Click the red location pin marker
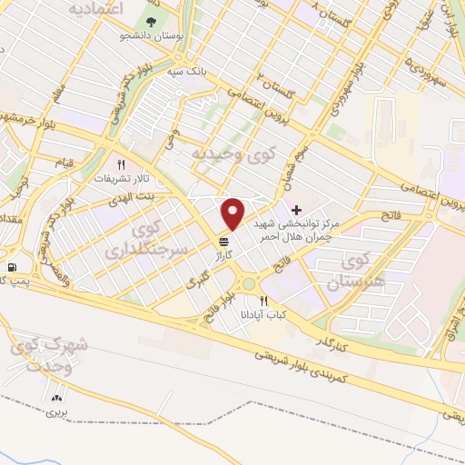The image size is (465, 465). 233,214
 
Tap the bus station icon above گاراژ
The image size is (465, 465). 223,242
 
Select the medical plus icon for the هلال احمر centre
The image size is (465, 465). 296,209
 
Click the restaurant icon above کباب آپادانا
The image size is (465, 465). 263,301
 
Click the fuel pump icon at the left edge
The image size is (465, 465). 11,267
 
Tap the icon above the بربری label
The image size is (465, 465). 60,397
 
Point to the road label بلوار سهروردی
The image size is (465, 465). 341,91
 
